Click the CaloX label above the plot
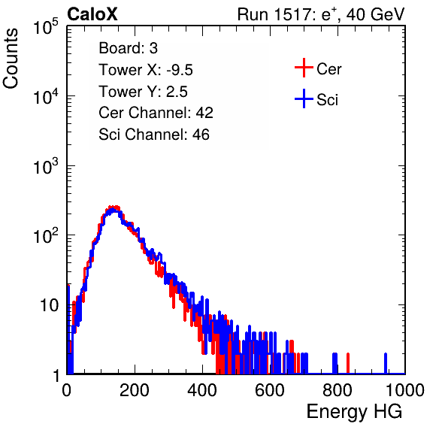pyautogui.click(x=92, y=14)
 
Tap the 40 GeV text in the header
pyautogui.click(x=375, y=14)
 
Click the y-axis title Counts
pyautogui.click(x=11, y=59)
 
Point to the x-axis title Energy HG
pyautogui.click(x=354, y=411)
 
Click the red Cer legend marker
pyautogui.click(x=304, y=68)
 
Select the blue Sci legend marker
pyautogui.click(x=304, y=98)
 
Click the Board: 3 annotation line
pyautogui.click(x=128, y=48)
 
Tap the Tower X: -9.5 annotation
pyautogui.click(x=146, y=70)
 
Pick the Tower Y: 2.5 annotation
pyautogui.click(x=143, y=92)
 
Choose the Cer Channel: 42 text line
pyautogui.click(x=156, y=113)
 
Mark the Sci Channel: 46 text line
pyautogui.click(x=154, y=135)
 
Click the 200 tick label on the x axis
pyautogui.click(x=135, y=390)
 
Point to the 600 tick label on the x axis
pyautogui.click(x=270, y=390)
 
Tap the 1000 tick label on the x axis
pyautogui.click(x=405, y=390)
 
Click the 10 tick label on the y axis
pyautogui.click(x=50, y=305)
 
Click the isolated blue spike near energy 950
pyautogui.click(x=386, y=363)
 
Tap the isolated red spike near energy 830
pyautogui.click(x=348, y=363)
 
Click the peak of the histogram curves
pyautogui.click(x=114, y=208)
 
